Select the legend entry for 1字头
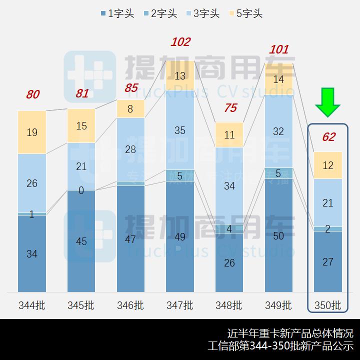coord(117,13)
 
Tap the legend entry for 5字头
coord(245,13)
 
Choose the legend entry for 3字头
coord(202,13)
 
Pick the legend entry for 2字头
coord(160,13)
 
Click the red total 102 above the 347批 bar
coord(180,42)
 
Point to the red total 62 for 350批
coord(328,137)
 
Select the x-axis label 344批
coord(31,305)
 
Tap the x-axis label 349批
coord(278,305)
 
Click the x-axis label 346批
coord(130,305)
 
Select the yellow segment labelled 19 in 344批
coord(31,132)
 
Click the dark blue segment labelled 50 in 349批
coord(278,235)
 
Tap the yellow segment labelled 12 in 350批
coord(328,165)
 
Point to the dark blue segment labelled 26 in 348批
coord(229,262)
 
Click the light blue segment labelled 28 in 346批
coord(130,149)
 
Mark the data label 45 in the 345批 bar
coord(81,241)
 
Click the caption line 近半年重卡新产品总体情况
coord(290,333)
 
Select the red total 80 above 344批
coord(32,94)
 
